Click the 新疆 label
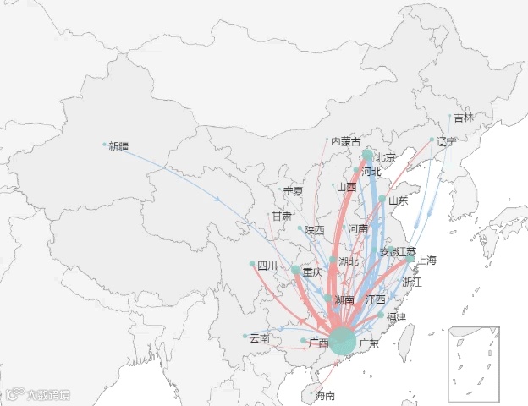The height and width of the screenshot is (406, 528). pos(118,146)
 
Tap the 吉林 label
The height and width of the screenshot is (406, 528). pos(464,118)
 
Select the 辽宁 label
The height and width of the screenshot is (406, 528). pos(446,141)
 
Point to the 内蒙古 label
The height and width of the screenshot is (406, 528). pos(345,140)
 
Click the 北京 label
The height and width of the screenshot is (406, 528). pos(385,156)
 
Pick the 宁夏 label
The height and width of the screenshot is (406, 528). pos(293,191)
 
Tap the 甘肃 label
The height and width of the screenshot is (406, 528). pos(282,217)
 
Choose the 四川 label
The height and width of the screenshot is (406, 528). pos(267,266)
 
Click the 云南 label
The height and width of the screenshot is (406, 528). pos(259,338)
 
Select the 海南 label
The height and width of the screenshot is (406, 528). pos(325,395)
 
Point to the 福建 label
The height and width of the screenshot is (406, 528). pos(397,317)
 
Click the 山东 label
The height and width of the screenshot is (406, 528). pos(398,200)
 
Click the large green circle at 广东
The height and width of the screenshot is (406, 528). pos(342,341)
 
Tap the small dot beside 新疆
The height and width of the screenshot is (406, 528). pos(104,145)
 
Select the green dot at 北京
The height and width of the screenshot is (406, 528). pos(367,156)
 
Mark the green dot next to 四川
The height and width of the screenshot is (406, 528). pos(252,264)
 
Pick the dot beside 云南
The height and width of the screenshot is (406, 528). pos(245,337)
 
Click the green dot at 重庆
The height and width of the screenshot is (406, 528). pos(295,271)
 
